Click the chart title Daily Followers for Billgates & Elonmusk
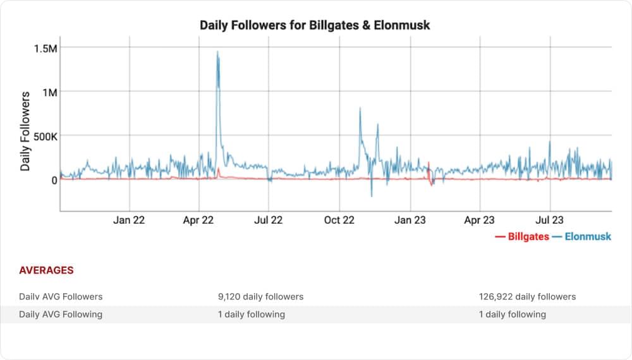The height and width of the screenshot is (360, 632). [x=315, y=25]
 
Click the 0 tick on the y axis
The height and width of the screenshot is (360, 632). [x=54, y=180]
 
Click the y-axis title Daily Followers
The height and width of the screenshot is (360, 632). [x=25, y=131]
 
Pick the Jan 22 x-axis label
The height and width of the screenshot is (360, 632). [x=130, y=220]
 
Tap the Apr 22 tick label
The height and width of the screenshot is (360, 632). [x=199, y=220]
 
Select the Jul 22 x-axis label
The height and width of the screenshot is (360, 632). [x=269, y=220]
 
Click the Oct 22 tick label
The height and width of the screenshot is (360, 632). [x=339, y=220]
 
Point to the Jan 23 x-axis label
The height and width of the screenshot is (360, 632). [x=410, y=220]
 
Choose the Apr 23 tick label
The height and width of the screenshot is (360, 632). [x=480, y=220]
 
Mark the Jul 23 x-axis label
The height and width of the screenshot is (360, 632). [x=550, y=220]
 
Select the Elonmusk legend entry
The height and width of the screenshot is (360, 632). [x=582, y=237]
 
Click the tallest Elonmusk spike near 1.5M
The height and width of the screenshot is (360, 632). [x=217, y=53]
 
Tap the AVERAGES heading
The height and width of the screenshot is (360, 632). [x=46, y=270]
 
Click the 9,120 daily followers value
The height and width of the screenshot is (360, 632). [x=261, y=296]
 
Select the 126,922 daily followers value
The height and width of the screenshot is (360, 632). [x=528, y=296]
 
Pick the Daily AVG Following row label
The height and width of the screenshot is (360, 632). [x=61, y=314]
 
